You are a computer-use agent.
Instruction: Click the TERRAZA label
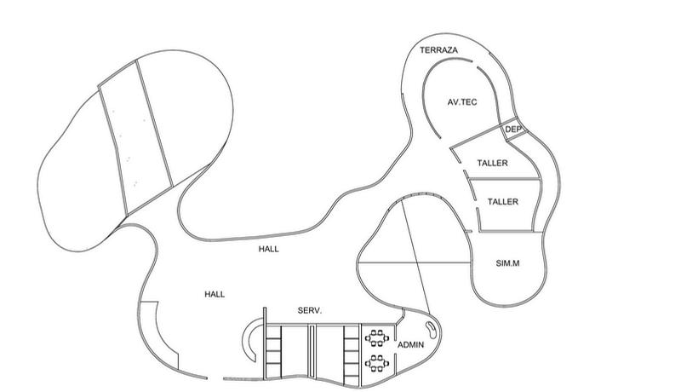click(x=439, y=51)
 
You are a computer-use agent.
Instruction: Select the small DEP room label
click(x=513, y=130)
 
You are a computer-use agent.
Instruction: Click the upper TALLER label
click(x=493, y=161)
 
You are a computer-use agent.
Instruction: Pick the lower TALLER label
click(x=503, y=201)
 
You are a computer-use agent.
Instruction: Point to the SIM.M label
click(x=507, y=263)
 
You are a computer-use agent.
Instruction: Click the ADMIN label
click(x=411, y=345)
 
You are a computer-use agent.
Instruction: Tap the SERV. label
click(x=309, y=311)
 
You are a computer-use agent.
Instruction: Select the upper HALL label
click(x=269, y=250)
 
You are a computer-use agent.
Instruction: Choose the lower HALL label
click(x=215, y=294)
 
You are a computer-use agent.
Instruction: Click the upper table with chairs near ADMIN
click(x=375, y=338)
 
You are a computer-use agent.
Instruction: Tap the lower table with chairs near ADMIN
click(x=375, y=363)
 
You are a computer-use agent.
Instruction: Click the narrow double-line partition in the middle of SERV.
click(x=312, y=351)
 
